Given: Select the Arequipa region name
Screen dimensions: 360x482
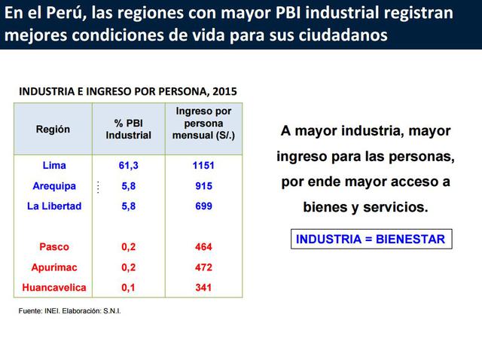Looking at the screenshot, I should (54, 186).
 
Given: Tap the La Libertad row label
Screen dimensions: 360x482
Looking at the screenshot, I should (54, 206).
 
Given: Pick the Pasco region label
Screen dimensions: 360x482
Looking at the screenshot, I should (53, 247).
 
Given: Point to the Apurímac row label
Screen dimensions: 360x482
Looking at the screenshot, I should (54, 267).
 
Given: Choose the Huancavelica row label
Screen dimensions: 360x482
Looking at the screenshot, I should (54, 288).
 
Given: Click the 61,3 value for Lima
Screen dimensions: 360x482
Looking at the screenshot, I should (128, 165).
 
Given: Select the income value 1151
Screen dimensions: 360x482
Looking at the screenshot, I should (203, 165).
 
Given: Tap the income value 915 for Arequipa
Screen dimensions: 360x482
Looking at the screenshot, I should (203, 186).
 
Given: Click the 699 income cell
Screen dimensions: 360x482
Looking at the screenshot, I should (203, 206).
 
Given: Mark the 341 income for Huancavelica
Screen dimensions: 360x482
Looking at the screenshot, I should (203, 288).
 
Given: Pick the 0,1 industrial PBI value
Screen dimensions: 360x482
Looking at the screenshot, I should (128, 288).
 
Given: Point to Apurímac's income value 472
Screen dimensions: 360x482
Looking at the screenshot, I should (203, 267).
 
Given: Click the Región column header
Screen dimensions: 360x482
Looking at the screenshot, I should (53, 130).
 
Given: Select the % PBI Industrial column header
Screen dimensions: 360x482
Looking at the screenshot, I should (128, 130).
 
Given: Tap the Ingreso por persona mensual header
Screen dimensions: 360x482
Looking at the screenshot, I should (203, 124).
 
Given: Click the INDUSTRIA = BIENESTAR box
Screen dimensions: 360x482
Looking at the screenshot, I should (371, 239).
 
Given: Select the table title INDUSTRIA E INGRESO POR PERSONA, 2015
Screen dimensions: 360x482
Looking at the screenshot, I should (128, 91).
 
